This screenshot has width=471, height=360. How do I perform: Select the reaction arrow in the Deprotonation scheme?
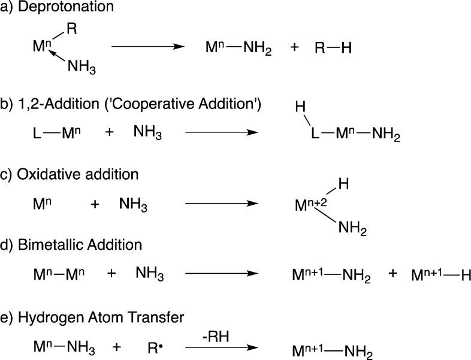click(x=147, y=46)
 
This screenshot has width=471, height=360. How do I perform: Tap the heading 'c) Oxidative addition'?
click(x=70, y=176)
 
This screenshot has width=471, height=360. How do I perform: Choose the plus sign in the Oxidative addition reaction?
click(x=94, y=204)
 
